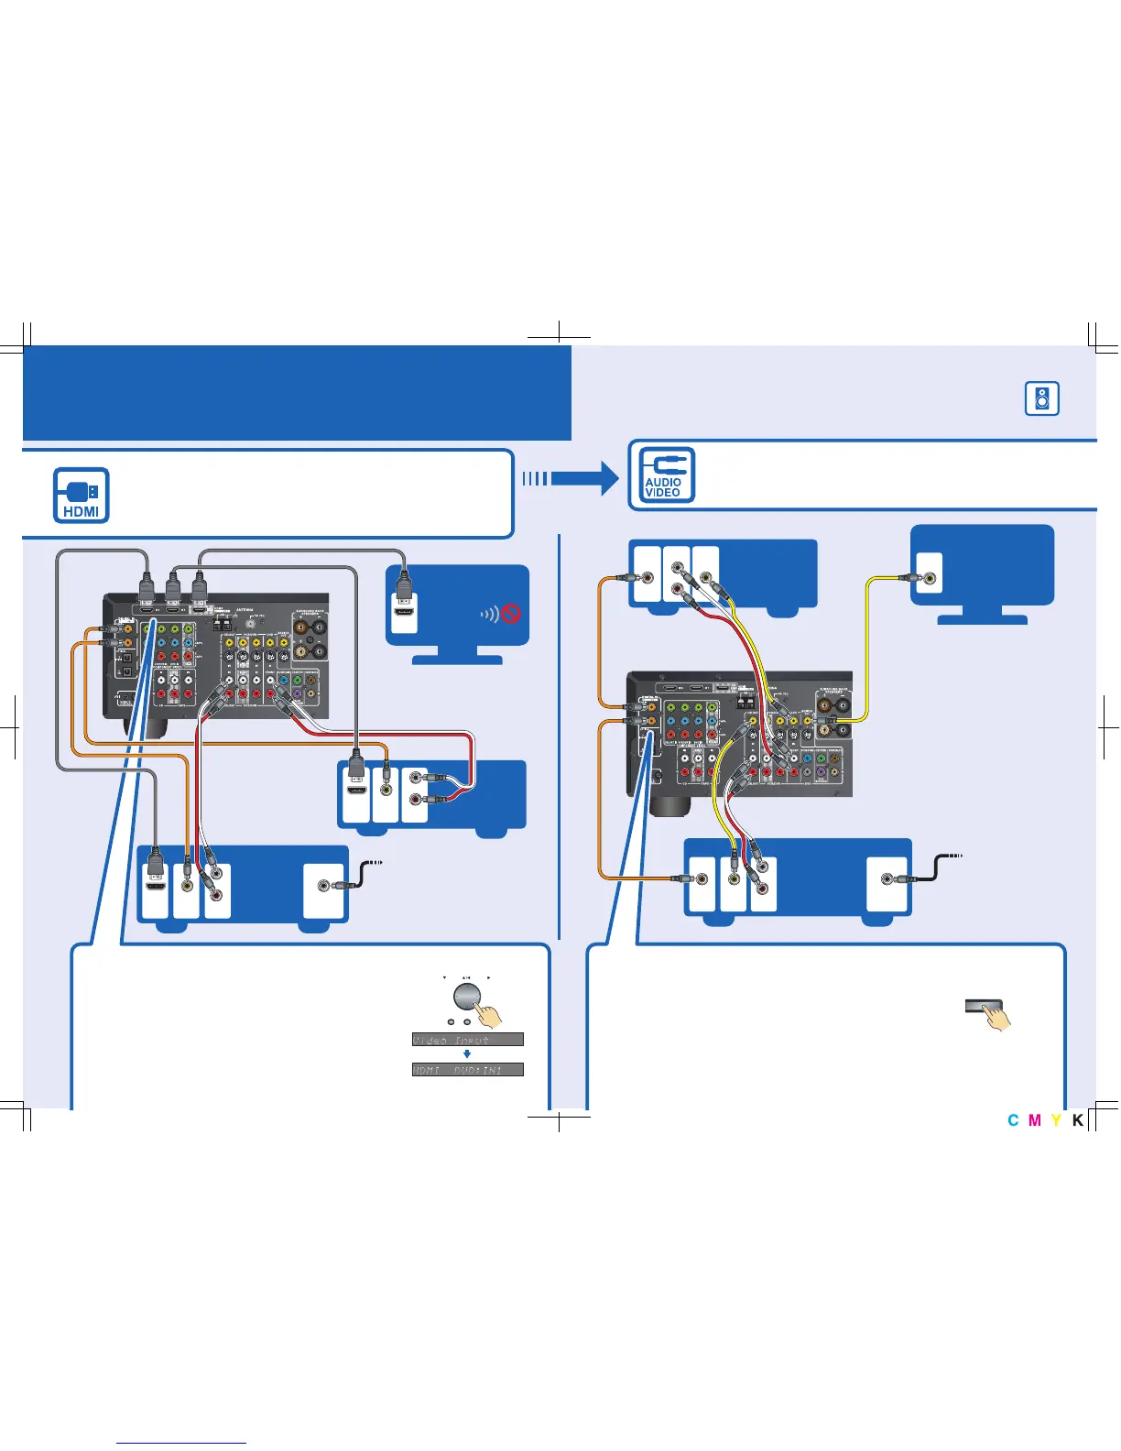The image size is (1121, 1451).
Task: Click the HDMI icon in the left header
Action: tap(82, 496)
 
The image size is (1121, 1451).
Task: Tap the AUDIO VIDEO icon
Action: tap(663, 475)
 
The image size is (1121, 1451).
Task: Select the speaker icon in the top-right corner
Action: tap(1042, 398)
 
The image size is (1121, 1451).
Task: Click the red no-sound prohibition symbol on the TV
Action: tap(511, 613)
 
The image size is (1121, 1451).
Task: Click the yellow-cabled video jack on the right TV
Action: tap(930, 578)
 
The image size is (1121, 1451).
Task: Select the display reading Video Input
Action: tap(467, 1040)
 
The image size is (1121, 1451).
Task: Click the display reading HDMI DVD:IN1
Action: tap(467, 1070)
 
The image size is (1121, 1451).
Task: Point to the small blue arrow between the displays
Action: tap(467, 1054)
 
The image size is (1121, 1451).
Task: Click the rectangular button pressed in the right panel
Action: tap(984, 1006)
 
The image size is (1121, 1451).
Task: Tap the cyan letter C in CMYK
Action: tap(1013, 1120)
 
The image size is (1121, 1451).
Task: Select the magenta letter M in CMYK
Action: tap(1035, 1120)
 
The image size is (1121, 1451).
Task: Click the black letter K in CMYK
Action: tap(1078, 1120)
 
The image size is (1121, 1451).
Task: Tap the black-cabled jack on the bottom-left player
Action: tap(323, 886)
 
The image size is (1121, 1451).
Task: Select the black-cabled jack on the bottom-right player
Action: tap(887, 879)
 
